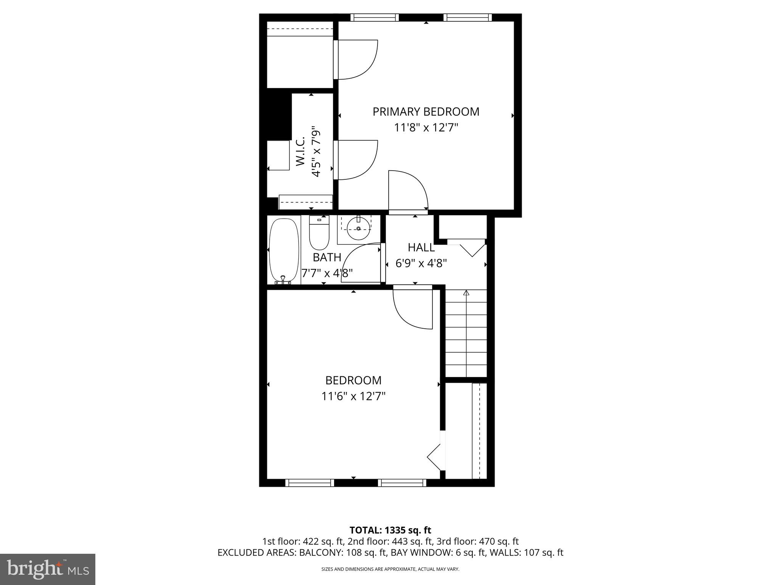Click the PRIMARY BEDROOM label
pos(426,112)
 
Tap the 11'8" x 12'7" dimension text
pos(426,127)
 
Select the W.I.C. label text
pos(301,151)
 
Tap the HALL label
pos(421,248)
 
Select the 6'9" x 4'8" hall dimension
pos(421,263)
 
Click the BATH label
pos(327,257)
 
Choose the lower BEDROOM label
pos(353,380)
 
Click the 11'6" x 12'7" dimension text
pos(353,396)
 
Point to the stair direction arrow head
pos(466,293)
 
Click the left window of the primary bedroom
pos(374,18)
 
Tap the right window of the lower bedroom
pos(402,483)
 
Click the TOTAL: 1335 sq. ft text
pos(390,530)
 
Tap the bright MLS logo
pos(48,569)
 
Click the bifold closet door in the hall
pos(472,250)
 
